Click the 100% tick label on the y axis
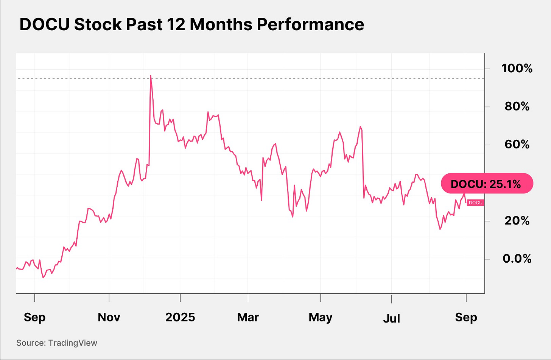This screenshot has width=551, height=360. tap(517, 69)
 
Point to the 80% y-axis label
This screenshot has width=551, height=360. tap(517, 106)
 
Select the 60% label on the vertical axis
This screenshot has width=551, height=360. tap(517, 144)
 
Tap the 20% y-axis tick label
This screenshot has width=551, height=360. tap(517, 221)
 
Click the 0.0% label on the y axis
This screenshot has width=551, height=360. tap(517, 259)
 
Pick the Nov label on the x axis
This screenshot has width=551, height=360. tap(109, 317)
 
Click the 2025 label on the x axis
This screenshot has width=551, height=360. tap(180, 317)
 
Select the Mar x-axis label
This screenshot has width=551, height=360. tap(248, 317)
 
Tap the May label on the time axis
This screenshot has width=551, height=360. tap(321, 317)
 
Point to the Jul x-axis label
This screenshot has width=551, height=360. tap(391, 318)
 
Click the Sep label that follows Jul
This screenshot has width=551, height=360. tap(466, 317)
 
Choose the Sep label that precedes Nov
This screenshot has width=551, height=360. tap(34, 317)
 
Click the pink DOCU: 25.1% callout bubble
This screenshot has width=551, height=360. tap(487, 184)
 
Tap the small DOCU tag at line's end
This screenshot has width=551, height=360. tap(475, 203)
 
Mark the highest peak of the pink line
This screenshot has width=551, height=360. tap(151, 76)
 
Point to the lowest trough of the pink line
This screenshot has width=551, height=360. tap(43, 277)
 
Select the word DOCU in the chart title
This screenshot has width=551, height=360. tap(44, 25)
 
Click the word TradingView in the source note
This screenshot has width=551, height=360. tap(73, 343)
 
